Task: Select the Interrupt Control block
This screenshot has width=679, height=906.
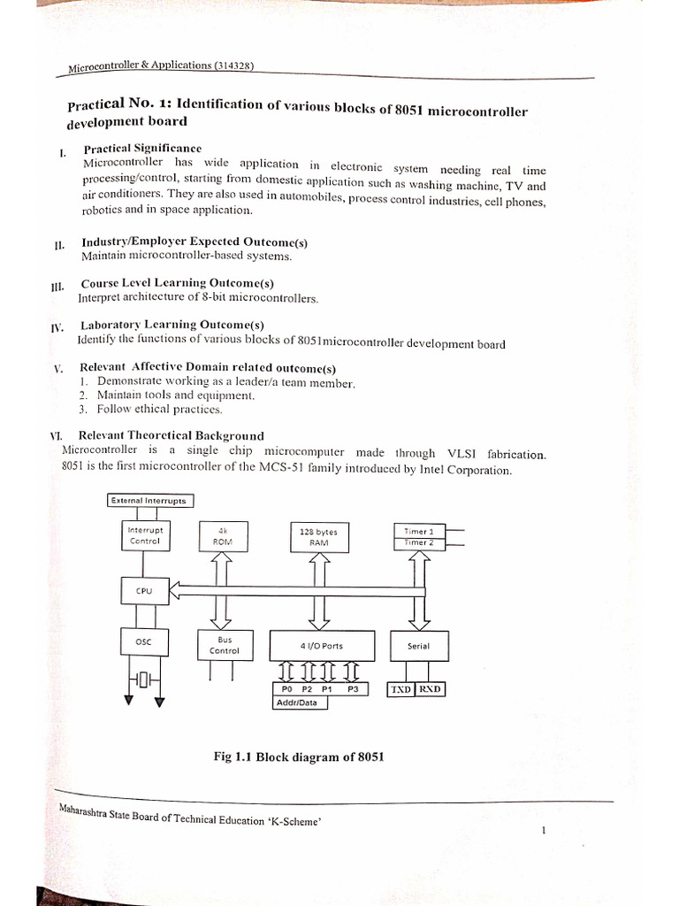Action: coord(145,535)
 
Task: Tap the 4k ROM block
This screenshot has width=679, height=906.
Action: coord(222,535)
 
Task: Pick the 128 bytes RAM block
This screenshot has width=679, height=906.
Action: coord(318,537)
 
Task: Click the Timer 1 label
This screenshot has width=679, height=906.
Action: coord(419,531)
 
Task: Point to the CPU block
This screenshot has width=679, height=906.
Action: coord(144,589)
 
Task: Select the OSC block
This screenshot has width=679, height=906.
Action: coord(144,641)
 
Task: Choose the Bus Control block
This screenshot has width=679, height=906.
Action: coord(224,644)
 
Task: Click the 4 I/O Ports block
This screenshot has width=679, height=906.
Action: coord(322,646)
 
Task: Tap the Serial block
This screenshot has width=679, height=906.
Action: coord(418,646)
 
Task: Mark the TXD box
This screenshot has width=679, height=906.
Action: coord(401,689)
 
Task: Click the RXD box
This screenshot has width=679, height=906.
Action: coord(430,689)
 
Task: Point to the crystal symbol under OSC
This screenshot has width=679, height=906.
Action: coord(147,680)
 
